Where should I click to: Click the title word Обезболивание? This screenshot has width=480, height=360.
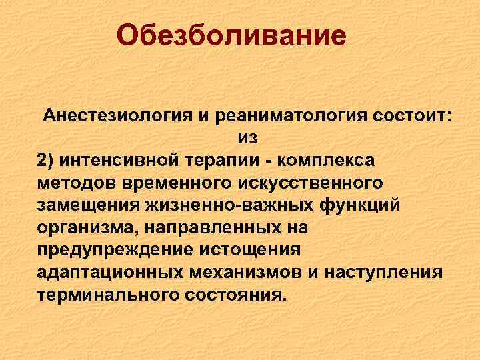coord(231,35)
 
